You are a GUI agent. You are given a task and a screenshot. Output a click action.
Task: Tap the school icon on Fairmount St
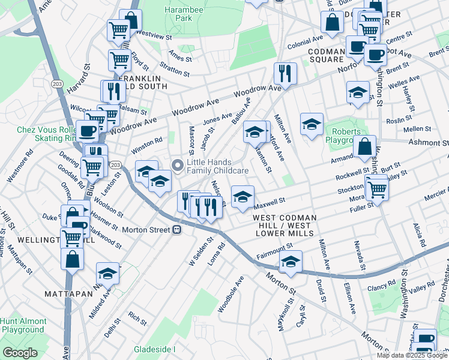[291, 262]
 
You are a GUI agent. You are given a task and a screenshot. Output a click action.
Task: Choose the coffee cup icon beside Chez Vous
[87, 130]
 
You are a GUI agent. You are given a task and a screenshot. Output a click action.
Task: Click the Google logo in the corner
[20, 352]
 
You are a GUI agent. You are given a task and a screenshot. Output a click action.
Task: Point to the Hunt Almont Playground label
[23, 325]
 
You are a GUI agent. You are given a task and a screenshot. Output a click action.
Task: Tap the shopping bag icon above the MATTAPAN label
[72, 260]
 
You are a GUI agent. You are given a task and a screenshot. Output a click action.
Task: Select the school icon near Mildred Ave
[107, 273]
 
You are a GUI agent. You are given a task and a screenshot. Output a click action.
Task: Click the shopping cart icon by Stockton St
[377, 189]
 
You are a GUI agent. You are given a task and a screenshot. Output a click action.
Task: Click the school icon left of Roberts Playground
[312, 124]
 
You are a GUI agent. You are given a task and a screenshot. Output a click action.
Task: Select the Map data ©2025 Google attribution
[411, 355]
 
